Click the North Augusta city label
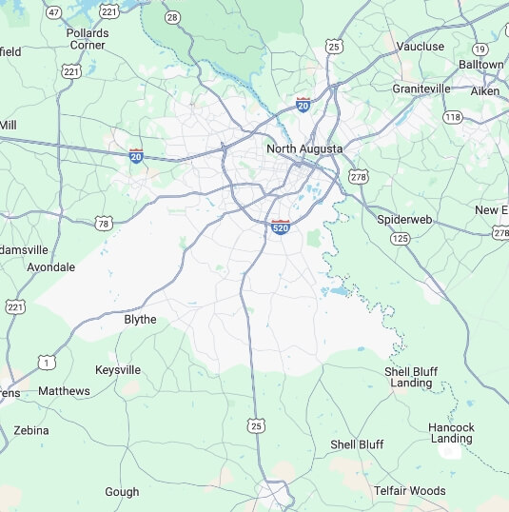(304, 148)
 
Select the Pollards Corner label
(88, 38)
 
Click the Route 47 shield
(54, 12)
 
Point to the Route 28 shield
(171, 17)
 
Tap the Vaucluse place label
(421, 46)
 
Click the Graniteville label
(421, 89)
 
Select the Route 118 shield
(452, 116)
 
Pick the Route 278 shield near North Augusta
(359, 177)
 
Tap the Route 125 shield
(400, 237)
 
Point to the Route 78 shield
(103, 224)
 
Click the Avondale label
(50, 267)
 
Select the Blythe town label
(140, 320)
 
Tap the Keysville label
(118, 369)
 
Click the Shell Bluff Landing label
(411, 377)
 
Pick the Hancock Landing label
(451, 433)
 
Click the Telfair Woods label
(409, 491)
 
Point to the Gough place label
(122, 492)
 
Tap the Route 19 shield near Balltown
(480, 49)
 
